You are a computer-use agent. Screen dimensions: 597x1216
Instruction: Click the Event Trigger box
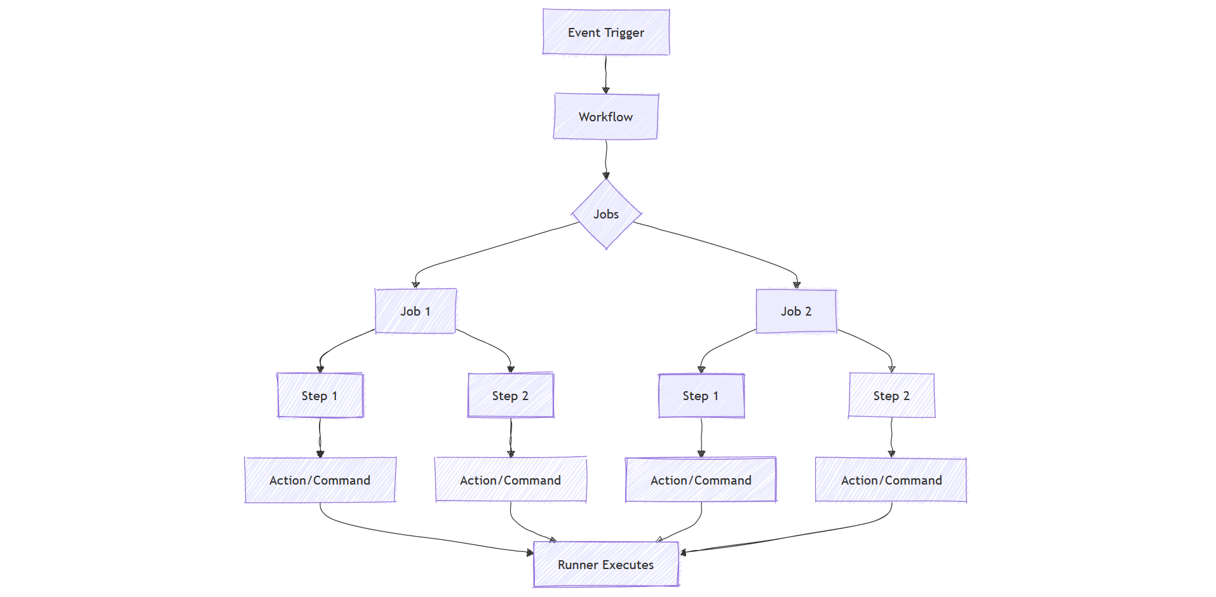tap(605, 32)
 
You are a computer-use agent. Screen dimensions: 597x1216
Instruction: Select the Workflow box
tap(605, 117)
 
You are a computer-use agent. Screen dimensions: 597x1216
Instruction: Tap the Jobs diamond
tap(606, 214)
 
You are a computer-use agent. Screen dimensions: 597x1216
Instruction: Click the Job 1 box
tap(415, 311)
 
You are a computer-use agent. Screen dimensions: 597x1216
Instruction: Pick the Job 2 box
tap(796, 311)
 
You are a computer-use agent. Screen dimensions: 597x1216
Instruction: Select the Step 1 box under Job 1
tap(320, 396)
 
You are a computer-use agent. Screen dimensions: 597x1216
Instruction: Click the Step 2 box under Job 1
tap(510, 396)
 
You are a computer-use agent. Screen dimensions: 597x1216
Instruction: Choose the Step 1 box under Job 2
tap(701, 396)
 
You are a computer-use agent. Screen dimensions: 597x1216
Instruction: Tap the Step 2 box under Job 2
tap(891, 396)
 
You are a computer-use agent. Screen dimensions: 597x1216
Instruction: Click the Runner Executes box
tap(605, 565)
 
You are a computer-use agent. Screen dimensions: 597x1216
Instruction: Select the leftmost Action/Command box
tap(320, 480)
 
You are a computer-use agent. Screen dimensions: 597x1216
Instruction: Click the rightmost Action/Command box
tap(891, 480)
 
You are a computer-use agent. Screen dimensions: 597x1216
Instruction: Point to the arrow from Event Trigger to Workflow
tap(605, 74)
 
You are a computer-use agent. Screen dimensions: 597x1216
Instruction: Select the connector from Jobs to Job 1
tap(496, 248)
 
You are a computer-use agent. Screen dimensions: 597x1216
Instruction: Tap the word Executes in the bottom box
tap(628, 565)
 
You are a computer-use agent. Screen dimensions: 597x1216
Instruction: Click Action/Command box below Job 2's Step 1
tap(701, 480)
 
